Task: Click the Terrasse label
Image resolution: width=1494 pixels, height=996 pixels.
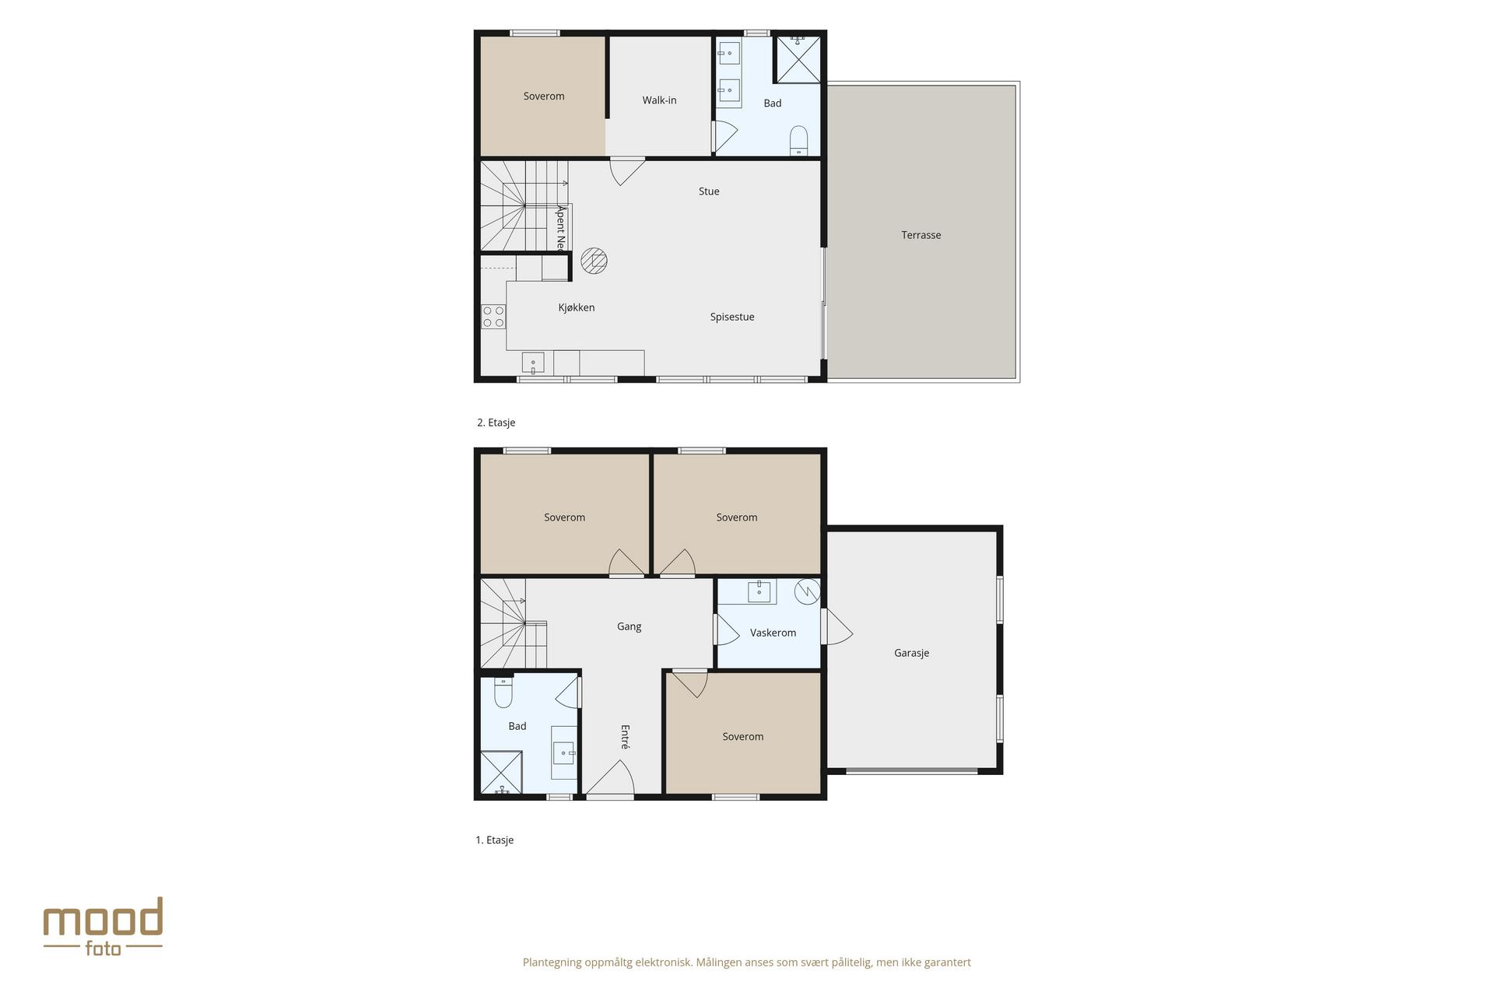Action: (x=921, y=235)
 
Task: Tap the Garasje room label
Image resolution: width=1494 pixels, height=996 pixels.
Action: (x=911, y=653)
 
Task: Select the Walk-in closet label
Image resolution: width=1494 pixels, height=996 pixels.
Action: (x=659, y=100)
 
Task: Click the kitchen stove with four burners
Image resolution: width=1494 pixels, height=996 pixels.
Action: (x=493, y=317)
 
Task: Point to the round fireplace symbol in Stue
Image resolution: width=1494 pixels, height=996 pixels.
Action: (x=594, y=261)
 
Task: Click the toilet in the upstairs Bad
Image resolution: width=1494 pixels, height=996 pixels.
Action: (x=799, y=141)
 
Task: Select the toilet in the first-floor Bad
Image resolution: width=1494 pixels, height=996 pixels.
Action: (x=503, y=693)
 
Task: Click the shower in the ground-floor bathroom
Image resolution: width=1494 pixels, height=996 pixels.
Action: (x=502, y=773)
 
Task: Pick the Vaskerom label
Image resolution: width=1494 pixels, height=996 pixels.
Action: (x=773, y=633)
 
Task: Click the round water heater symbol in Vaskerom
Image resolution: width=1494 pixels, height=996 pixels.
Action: (x=807, y=591)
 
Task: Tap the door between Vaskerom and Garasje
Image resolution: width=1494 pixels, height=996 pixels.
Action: (x=836, y=626)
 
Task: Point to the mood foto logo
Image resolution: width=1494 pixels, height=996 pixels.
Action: (x=103, y=926)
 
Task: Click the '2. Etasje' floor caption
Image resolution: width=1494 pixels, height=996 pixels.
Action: (x=496, y=423)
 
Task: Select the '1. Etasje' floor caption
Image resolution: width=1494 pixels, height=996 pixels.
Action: (x=495, y=840)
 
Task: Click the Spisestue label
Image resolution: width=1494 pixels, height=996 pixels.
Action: (x=732, y=317)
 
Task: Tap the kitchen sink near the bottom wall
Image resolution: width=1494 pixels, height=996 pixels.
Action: (x=533, y=363)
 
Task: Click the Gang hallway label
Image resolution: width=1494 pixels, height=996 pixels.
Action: (x=629, y=626)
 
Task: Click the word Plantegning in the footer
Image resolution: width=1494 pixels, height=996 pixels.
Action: (x=552, y=963)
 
